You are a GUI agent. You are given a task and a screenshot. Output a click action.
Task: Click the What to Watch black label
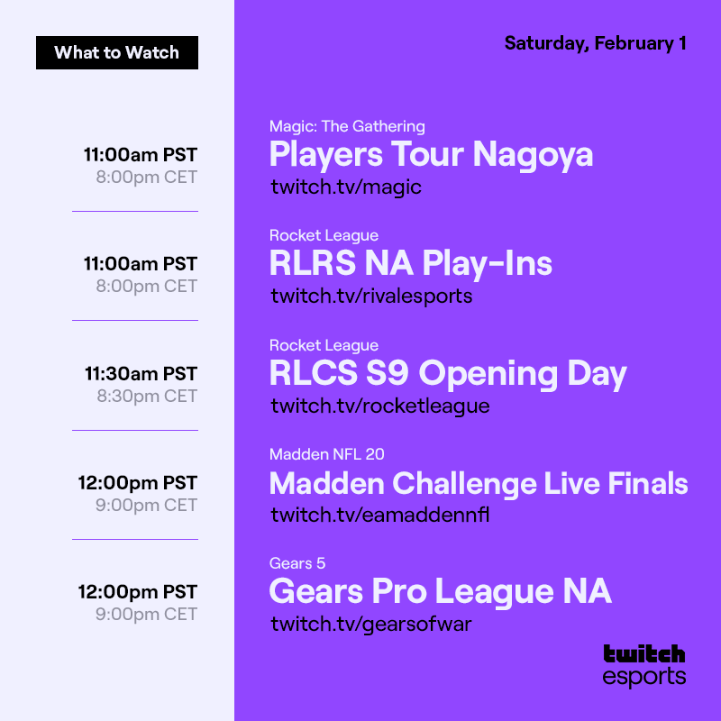[117, 52]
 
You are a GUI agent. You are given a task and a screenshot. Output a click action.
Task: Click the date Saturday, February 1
[595, 43]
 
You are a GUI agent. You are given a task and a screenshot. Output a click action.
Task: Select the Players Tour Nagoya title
[431, 155]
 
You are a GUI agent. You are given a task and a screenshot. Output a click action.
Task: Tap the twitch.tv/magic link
[346, 187]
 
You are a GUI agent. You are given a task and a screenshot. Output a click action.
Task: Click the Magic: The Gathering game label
[347, 126]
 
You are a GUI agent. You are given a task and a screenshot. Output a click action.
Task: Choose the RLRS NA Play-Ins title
[410, 264]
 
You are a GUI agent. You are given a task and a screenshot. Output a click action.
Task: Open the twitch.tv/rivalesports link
[371, 296]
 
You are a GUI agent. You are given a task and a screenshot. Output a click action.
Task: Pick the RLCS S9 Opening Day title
[448, 374]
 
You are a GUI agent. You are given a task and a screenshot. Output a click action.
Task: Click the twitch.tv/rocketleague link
[379, 406]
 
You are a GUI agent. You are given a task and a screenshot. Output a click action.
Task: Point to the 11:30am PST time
[141, 373]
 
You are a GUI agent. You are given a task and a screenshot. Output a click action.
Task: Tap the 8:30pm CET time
[147, 396]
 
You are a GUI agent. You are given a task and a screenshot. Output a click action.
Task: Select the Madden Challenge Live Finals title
[479, 484]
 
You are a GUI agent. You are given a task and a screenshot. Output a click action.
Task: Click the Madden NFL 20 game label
[327, 454]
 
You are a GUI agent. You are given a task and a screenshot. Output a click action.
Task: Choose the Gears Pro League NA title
[440, 592]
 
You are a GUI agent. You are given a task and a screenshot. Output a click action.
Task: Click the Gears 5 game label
[297, 563]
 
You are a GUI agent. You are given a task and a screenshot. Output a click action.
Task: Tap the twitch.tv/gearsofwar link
[371, 624]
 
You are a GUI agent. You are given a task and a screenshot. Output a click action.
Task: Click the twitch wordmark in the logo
[643, 653]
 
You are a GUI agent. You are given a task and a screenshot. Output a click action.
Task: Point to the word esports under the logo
[643, 677]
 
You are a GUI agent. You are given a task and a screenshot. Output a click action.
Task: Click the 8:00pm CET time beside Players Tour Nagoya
[147, 177]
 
